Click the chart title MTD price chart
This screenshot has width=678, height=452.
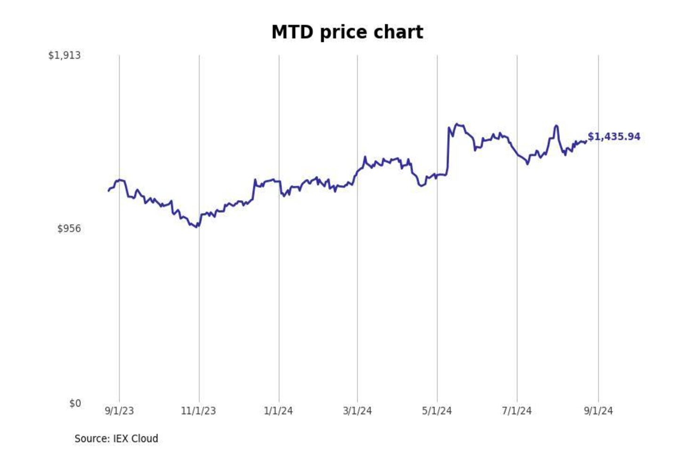pos(347,32)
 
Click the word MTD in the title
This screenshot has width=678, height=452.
pos(292,32)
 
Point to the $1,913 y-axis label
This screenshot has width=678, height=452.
pos(65,56)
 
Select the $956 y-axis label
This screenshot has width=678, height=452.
pos(69,229)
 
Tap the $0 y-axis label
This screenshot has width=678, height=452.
pos(75,404)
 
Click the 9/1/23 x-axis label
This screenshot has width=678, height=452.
pos(119,411)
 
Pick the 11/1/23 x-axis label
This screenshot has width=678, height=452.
pos(198,411)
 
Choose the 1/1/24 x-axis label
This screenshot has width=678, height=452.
pos(278,411)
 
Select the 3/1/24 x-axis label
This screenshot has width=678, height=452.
pos(357,411)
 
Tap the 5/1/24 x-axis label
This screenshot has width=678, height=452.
pos(437,411)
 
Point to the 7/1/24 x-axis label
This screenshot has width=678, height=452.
pos(517,411)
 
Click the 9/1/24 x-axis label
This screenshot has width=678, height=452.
pos(598,411)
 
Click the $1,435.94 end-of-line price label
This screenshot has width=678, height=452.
pos(614,137)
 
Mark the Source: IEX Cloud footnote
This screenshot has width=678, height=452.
pos(116,439)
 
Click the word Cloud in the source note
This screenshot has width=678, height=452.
pos(145,439)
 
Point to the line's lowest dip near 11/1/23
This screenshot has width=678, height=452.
pos(197,227)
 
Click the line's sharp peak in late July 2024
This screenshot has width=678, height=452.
pos(556,125)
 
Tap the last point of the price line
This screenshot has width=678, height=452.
pos(586,141)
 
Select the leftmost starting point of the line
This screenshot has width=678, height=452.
pos(108,191)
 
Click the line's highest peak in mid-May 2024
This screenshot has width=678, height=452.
pos(456,124)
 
